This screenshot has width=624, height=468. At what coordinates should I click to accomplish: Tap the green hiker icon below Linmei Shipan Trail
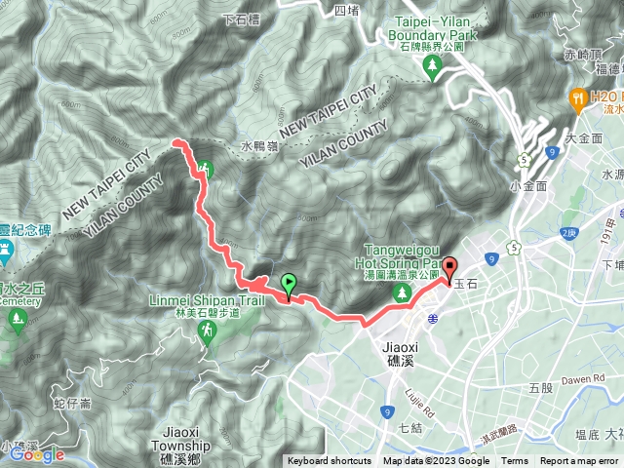click(x=207, y=332)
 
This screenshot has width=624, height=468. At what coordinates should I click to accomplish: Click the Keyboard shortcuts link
click(x=331, y=461)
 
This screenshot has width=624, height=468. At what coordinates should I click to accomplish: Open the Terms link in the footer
click(x=514, y=461)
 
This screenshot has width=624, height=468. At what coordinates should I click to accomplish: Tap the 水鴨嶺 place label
click(x=259, y=147)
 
